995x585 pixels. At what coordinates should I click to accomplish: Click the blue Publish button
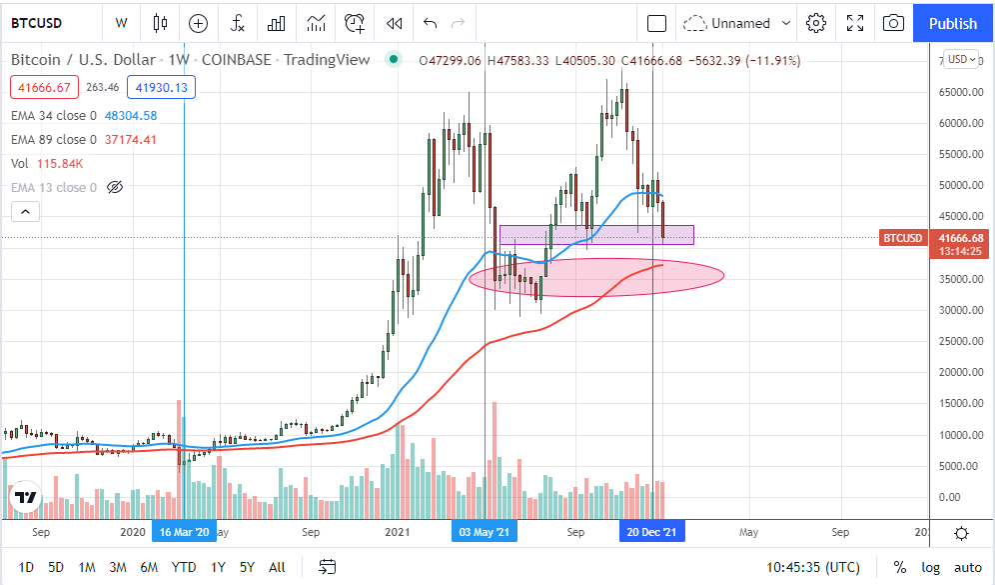[x=952, y=23]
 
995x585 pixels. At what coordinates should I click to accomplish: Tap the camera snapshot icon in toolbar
[x=894, y=23]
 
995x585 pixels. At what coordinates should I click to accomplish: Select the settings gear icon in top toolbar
[x=816, y=23]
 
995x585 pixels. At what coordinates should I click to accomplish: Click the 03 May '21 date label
[x=484, y=532]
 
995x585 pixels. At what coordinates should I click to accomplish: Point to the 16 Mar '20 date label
[x=185, y=532]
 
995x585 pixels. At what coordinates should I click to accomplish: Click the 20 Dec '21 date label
[x=651, y=532]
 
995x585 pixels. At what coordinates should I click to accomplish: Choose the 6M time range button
[x=149, y=567]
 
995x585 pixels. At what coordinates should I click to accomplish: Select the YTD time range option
[x=184, y=567]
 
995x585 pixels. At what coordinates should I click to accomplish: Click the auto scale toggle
[x=966, y=567]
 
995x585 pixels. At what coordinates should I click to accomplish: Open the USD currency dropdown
[x=962, y=60]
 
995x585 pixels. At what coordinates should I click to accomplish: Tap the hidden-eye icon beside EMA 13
[x=114, y=188]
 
